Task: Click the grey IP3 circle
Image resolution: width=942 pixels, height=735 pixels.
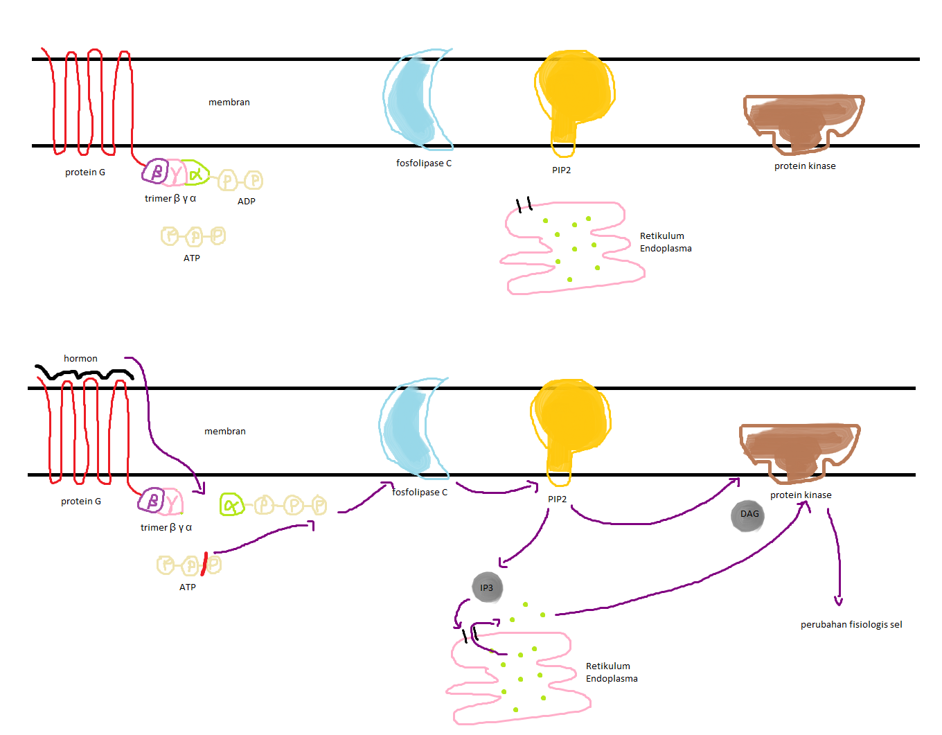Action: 487,587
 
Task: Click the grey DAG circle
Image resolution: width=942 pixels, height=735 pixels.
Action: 748,515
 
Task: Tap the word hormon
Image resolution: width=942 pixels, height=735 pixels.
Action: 80,358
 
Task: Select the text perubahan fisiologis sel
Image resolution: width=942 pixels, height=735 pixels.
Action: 851,624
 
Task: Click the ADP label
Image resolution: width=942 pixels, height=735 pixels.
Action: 247,201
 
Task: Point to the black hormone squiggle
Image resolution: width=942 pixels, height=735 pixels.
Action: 83,374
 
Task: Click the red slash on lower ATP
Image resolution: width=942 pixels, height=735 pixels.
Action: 204,564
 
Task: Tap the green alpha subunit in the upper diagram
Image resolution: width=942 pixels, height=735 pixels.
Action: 197,173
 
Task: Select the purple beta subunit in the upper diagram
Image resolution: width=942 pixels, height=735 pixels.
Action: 156,171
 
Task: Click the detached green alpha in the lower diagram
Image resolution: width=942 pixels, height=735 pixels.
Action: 231,505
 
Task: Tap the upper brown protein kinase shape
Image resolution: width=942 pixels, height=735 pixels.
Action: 803,121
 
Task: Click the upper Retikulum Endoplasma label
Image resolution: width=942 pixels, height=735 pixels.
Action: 665,242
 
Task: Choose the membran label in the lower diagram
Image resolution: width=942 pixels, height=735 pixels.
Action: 224,431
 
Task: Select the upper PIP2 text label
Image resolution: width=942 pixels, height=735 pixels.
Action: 561,170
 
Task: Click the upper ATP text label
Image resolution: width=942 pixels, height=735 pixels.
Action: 192,258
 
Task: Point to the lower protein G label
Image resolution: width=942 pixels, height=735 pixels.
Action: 81,501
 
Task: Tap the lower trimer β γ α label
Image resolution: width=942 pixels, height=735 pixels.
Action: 166,527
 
